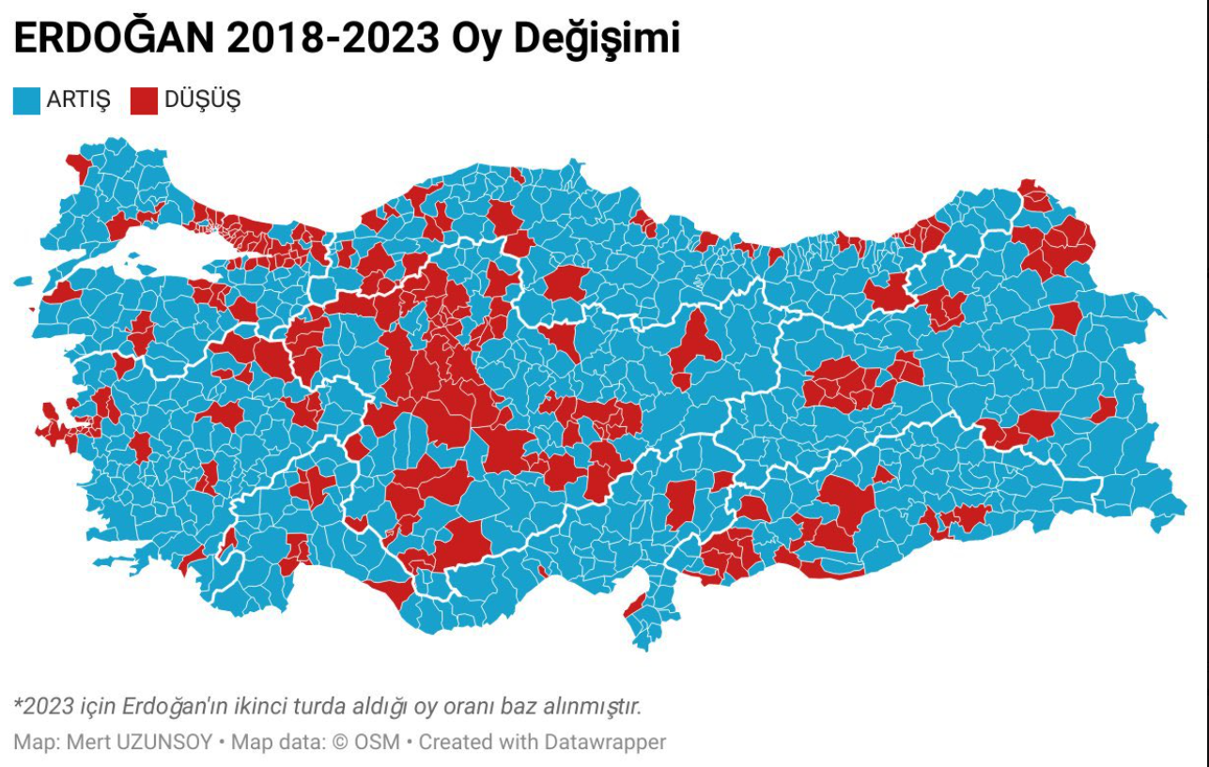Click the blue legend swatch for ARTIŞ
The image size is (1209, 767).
[x=26, y=100]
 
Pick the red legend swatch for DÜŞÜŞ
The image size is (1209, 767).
[x=144, y=100]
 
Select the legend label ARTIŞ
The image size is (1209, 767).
[x=79, y=100]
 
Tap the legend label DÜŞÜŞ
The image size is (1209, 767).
[x=202, y=100]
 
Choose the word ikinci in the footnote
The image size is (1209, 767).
[x=238, y=706]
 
